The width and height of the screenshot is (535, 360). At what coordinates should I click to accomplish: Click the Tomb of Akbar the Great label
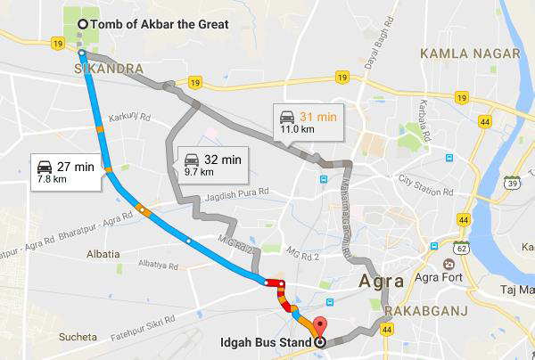coord(160,24)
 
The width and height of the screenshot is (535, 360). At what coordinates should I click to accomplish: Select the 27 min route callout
coord(63,172)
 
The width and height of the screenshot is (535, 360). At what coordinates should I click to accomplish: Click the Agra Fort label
coord(465,265)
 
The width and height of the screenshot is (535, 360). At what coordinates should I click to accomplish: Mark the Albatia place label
coord(103,254)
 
